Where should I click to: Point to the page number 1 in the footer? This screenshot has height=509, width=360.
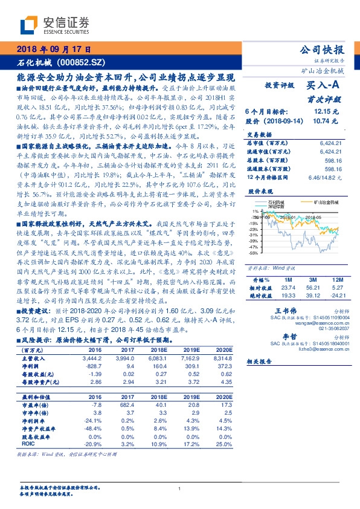click(x=180, y=489)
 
